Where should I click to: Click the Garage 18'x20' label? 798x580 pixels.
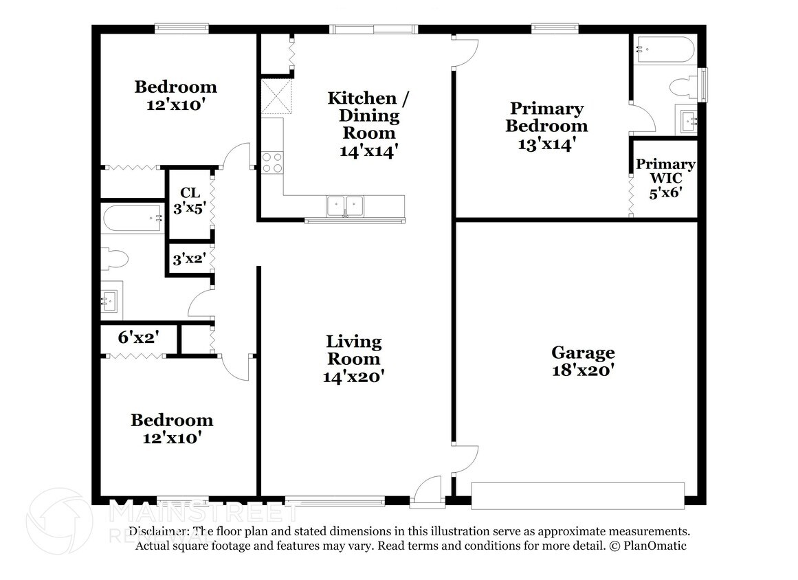pos(584,361)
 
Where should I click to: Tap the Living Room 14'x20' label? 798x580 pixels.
pos(354,359)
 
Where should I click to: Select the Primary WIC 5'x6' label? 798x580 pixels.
pos(665,178)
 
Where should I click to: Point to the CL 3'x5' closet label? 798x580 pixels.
pos(190,201)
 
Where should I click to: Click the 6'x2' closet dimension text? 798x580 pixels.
pos(138,337)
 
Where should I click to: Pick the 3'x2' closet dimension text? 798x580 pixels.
pos(189,260)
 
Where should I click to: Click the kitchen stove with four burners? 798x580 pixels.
pos(272,163)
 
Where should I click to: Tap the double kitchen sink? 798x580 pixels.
pos(345,206)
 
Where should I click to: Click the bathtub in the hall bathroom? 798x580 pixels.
pos(133,219)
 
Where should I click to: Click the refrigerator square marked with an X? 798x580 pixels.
pos(276,97)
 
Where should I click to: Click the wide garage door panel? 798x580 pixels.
pos(577,496)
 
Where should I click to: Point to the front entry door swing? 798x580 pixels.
pos(428,489)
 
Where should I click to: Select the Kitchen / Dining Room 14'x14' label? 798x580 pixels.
pos(368,124)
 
